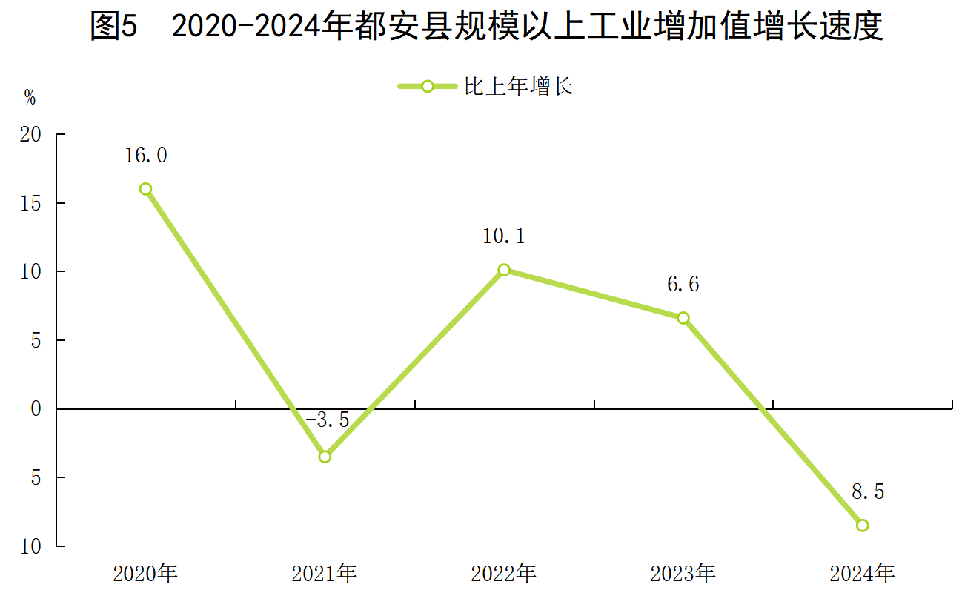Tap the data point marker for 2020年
145,189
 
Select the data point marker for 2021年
325,457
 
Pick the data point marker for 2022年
504,270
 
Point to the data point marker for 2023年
683,318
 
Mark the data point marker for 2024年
863,525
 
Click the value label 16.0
145,156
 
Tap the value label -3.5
327,420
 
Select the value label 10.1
504,236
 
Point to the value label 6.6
683,285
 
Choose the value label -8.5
863,491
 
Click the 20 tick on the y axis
31,134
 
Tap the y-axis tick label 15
31,203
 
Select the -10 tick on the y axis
27,546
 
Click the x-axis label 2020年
145,573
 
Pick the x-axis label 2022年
504,573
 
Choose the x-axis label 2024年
863,573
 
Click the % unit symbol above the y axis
30,98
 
